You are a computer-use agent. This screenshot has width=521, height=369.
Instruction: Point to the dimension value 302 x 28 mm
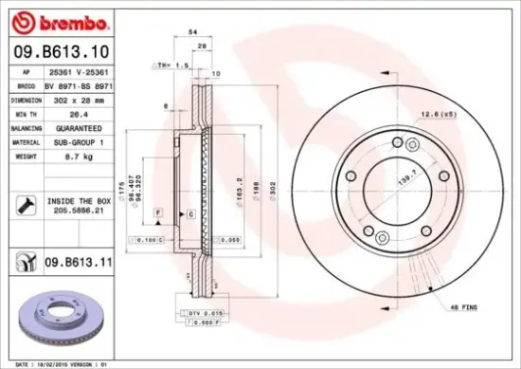pyautogui.click(x=75, y=99)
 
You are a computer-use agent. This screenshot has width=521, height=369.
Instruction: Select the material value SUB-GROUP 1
pyautogui.click(x=77, y=139)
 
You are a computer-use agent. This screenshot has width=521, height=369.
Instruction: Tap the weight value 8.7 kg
pyautogui.click(x=67, y=153)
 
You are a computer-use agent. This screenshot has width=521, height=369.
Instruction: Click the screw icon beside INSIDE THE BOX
pyautogui.click(x=25, y=203)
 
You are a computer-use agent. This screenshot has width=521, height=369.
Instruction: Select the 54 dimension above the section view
pyautogui.click(x=193, y=32)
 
